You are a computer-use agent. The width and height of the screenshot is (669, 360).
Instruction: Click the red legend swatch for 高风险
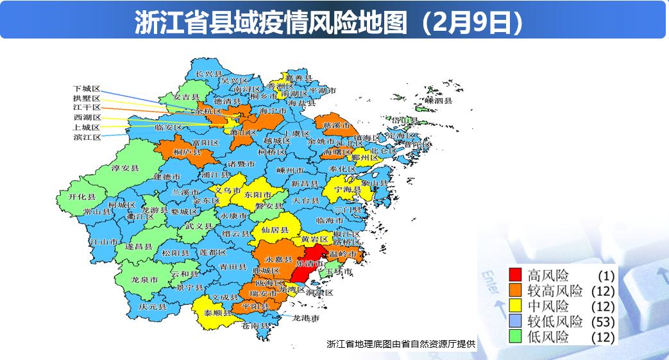pyautogui.click(x=516, y=275)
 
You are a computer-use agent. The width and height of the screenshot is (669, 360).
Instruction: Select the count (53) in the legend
pyautogui.click(x=604, y=321)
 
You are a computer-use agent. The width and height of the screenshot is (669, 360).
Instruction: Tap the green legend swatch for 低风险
pyautogui.click(x=516, y=337)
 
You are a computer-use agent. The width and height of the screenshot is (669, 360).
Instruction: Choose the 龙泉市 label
pyautogui.click(x=145, y=279)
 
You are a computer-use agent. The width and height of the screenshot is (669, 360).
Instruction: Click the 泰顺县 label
pyautogui.click(x=218, y=313)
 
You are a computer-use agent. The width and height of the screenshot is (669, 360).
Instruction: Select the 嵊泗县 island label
pyautogui.click(x=439, y=101)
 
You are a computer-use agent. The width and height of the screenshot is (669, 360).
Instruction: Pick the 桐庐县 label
pyautogui.click(x=189, y=153)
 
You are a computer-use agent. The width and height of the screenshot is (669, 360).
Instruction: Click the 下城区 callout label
pyautogui.click(x=87, y=88)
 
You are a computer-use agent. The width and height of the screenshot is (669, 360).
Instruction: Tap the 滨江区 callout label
pyautogui.click(x=87, y=137)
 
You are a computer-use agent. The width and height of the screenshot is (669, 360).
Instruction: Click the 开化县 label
pyautogui.click(x=82, y=197)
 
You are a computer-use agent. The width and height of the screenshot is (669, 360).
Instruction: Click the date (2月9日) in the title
pyautogui.click(x=472, y=23)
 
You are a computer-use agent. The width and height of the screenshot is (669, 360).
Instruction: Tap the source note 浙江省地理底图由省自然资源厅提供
pyautogui.click(x=401, y=343)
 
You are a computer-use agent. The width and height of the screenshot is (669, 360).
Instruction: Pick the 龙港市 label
pyautogui.click(x=306, y=318)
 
